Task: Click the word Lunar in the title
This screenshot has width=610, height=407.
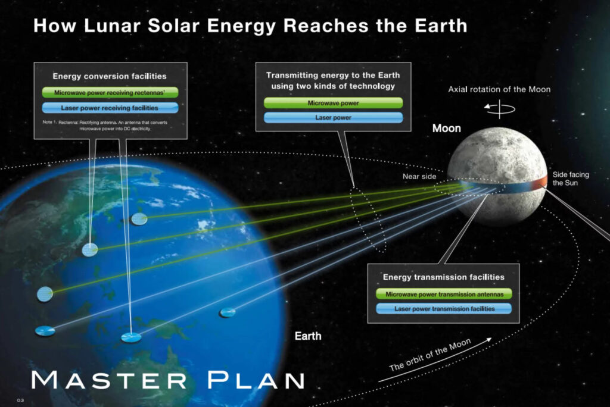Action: point(112,26)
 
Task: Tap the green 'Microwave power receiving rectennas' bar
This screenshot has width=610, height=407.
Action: point(110,92)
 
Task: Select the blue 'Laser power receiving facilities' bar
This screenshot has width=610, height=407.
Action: point(110,108)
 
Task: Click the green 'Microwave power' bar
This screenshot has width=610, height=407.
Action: point(334,103)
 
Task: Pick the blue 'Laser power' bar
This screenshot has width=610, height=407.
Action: point(334,117)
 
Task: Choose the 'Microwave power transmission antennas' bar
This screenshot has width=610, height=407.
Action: point(444,295)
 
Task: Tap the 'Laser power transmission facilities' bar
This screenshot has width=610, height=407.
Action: point(444,309)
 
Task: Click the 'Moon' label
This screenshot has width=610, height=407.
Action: point(447,129)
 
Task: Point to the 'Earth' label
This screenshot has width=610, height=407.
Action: point(308,336)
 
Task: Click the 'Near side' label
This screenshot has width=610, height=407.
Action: point(419,177)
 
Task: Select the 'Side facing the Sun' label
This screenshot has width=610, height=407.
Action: point(571,179)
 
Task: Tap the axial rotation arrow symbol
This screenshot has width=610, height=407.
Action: point(500,108)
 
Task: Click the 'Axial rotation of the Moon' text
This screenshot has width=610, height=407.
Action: point(499,89)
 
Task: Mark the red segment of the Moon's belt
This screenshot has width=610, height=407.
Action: point(539,183)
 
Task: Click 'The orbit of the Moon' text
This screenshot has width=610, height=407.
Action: point(430,355)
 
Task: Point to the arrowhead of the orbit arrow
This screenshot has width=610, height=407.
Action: point(488,339)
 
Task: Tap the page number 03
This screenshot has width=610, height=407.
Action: point(20,400)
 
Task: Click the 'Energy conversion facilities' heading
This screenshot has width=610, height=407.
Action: point(110,76)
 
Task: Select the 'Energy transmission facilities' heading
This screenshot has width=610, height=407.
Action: point(443,277)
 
